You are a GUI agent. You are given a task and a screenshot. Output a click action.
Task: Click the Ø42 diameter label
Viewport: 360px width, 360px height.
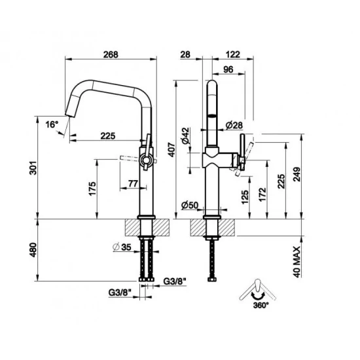186,135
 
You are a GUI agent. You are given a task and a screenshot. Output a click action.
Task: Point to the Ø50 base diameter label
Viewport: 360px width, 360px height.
190,205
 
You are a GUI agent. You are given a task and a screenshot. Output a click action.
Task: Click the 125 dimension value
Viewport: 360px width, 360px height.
245,196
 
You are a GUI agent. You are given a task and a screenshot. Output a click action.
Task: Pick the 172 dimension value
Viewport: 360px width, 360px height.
263,192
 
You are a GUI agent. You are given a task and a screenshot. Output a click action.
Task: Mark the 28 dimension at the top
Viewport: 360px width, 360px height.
187,55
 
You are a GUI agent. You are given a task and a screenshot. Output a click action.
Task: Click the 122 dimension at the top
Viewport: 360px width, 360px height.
230,55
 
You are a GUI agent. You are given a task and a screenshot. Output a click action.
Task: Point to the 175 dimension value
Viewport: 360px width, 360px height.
92,189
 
